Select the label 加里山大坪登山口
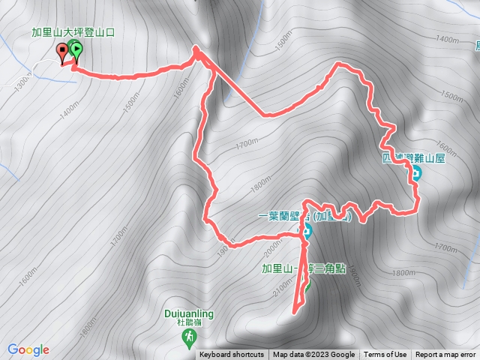pyautogui.click(x=71, y=32)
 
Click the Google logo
pyautogui.click(x=28, y=349)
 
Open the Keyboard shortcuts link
pyautogui.click(x=231, y=355)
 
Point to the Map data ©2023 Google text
pyautogui.click(x=313, y=355)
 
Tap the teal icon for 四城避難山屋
pyautogui.click(x=415, y=175)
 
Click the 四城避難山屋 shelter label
pyautogui.click(x=414, y=158)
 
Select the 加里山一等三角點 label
pyautogui.click(x=298, y=268)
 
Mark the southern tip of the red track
pyautogui.click(x=295, y=310)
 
